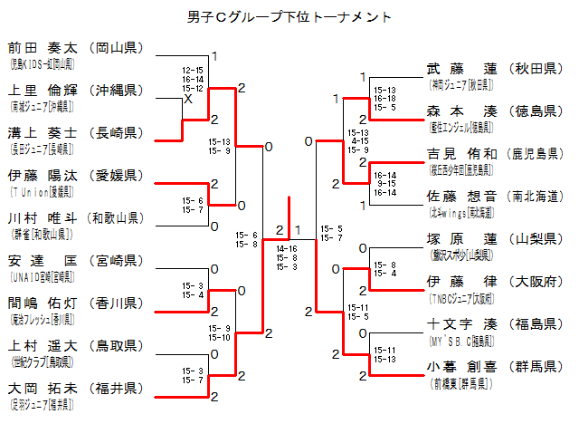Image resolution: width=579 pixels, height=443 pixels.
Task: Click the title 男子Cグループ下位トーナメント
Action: [x=290, y=15]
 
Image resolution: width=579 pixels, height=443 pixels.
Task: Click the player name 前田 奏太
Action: [x=42, y=48]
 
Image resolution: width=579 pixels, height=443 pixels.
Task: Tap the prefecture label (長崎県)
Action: [x=116, y=133]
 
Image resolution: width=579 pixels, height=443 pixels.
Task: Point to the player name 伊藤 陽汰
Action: [x=42, y=175]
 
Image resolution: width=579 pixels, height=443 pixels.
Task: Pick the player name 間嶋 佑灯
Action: [x=42, y=303]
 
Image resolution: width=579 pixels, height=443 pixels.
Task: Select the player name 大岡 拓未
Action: [x=42, y=388]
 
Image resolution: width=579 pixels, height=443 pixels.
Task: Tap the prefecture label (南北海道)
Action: [x=536, y=196]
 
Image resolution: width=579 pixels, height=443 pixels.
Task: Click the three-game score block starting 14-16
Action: [x=287, y=257]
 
